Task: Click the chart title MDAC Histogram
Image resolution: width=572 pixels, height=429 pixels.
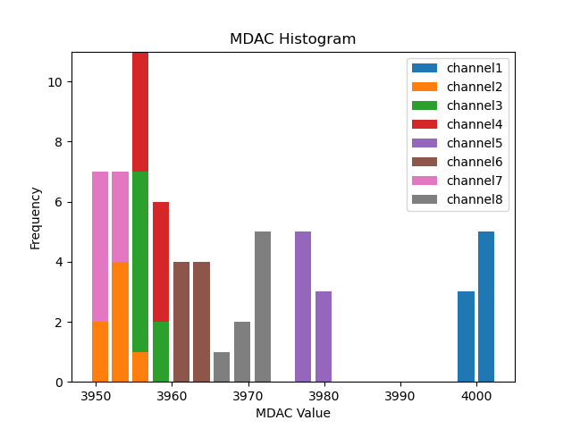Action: (292, 39)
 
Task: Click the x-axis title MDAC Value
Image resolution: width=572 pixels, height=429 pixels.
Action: (292, 413)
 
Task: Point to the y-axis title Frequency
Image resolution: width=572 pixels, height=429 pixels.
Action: (36, 217)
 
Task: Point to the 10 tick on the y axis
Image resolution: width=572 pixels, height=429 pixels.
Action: (55, 82)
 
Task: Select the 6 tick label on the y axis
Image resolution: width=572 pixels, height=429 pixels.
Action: (58, 202)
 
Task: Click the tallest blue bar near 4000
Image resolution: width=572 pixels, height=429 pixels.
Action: (486, 307)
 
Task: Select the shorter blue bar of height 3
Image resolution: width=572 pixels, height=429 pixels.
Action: (466, 337)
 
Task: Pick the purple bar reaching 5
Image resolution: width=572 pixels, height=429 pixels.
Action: (303, 307)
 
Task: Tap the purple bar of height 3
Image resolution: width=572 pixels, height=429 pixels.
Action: (324, 337)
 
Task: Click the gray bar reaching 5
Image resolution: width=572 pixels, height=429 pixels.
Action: (263, 307)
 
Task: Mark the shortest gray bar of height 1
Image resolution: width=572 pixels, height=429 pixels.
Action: (222, 367)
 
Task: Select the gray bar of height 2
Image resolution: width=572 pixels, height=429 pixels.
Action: (242, 352)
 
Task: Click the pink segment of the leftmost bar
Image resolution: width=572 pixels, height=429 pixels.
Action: (100, 246)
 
